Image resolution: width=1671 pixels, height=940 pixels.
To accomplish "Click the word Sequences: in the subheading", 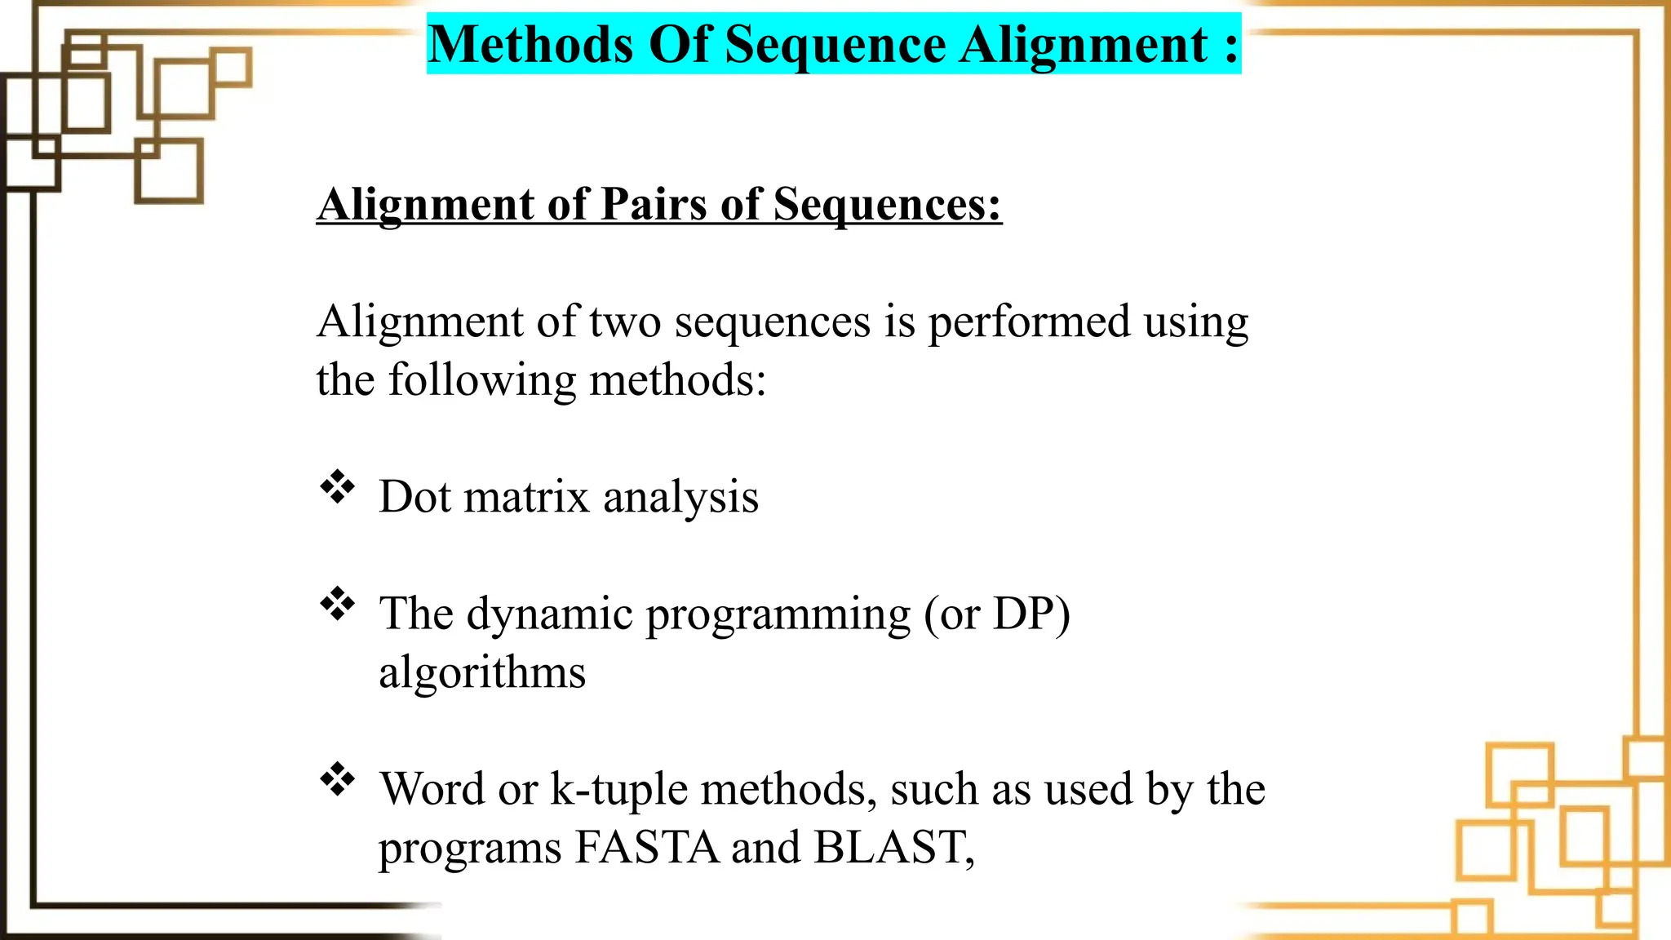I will [887, 203].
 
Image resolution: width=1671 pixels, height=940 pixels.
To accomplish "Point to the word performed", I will [1029, 321].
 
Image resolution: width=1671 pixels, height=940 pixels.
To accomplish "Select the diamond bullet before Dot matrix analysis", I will [337, 488].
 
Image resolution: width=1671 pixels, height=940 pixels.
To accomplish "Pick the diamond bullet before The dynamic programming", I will [337, 605].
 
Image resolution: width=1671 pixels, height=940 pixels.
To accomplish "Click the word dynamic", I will [549, 614].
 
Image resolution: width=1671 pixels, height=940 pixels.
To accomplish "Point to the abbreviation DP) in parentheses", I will [1031, 614].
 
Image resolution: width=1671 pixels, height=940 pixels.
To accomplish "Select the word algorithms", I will [482, 672].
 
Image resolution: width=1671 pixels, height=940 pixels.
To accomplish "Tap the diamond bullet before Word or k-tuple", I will [337, 780].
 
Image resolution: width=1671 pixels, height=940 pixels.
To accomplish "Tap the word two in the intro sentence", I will [624, 321].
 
